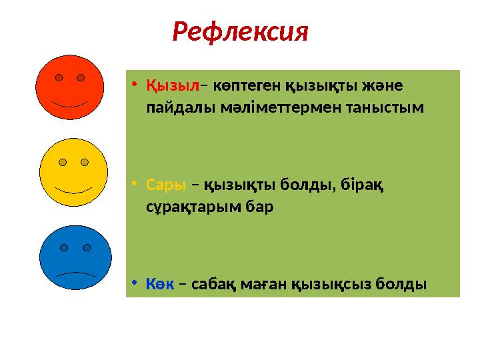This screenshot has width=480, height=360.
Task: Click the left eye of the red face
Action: coord(59,77)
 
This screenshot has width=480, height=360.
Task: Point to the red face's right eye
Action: coord(80,77)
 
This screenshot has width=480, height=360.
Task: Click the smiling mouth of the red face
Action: coord(69,105)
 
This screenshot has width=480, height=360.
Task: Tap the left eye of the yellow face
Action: coord(63,162)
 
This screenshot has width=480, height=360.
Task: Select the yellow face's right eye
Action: coord(84,162)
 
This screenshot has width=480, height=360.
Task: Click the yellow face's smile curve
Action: coord(73,189)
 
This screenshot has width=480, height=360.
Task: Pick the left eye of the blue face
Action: coord(64,247)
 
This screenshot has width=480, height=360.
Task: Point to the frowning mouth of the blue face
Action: coord(75,273)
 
